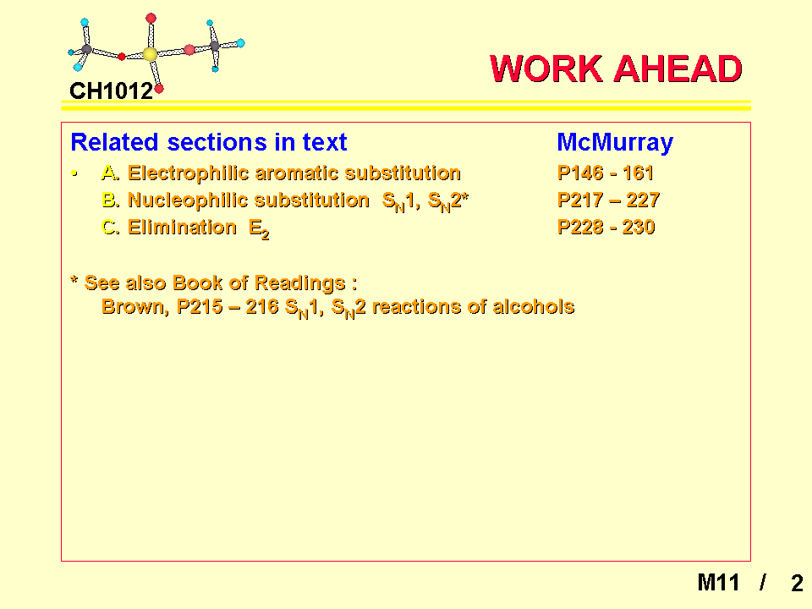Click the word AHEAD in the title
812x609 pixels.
point(678,69)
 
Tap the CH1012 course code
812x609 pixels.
point(112,91)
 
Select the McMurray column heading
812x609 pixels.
point(615,142)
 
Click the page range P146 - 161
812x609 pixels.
point(606,173)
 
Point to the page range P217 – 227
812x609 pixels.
point(608,200)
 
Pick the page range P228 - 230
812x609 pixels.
point(606,227)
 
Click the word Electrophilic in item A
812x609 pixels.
point(189,173)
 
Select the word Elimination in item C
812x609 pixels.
point(183,228)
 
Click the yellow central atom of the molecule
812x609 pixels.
point(151,54)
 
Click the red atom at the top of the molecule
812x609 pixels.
point(151,19)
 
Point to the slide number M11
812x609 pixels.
point(718,583)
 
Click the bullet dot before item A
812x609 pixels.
point(74,173)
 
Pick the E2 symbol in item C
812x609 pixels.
point(259,229)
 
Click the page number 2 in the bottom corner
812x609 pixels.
point(797,583)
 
